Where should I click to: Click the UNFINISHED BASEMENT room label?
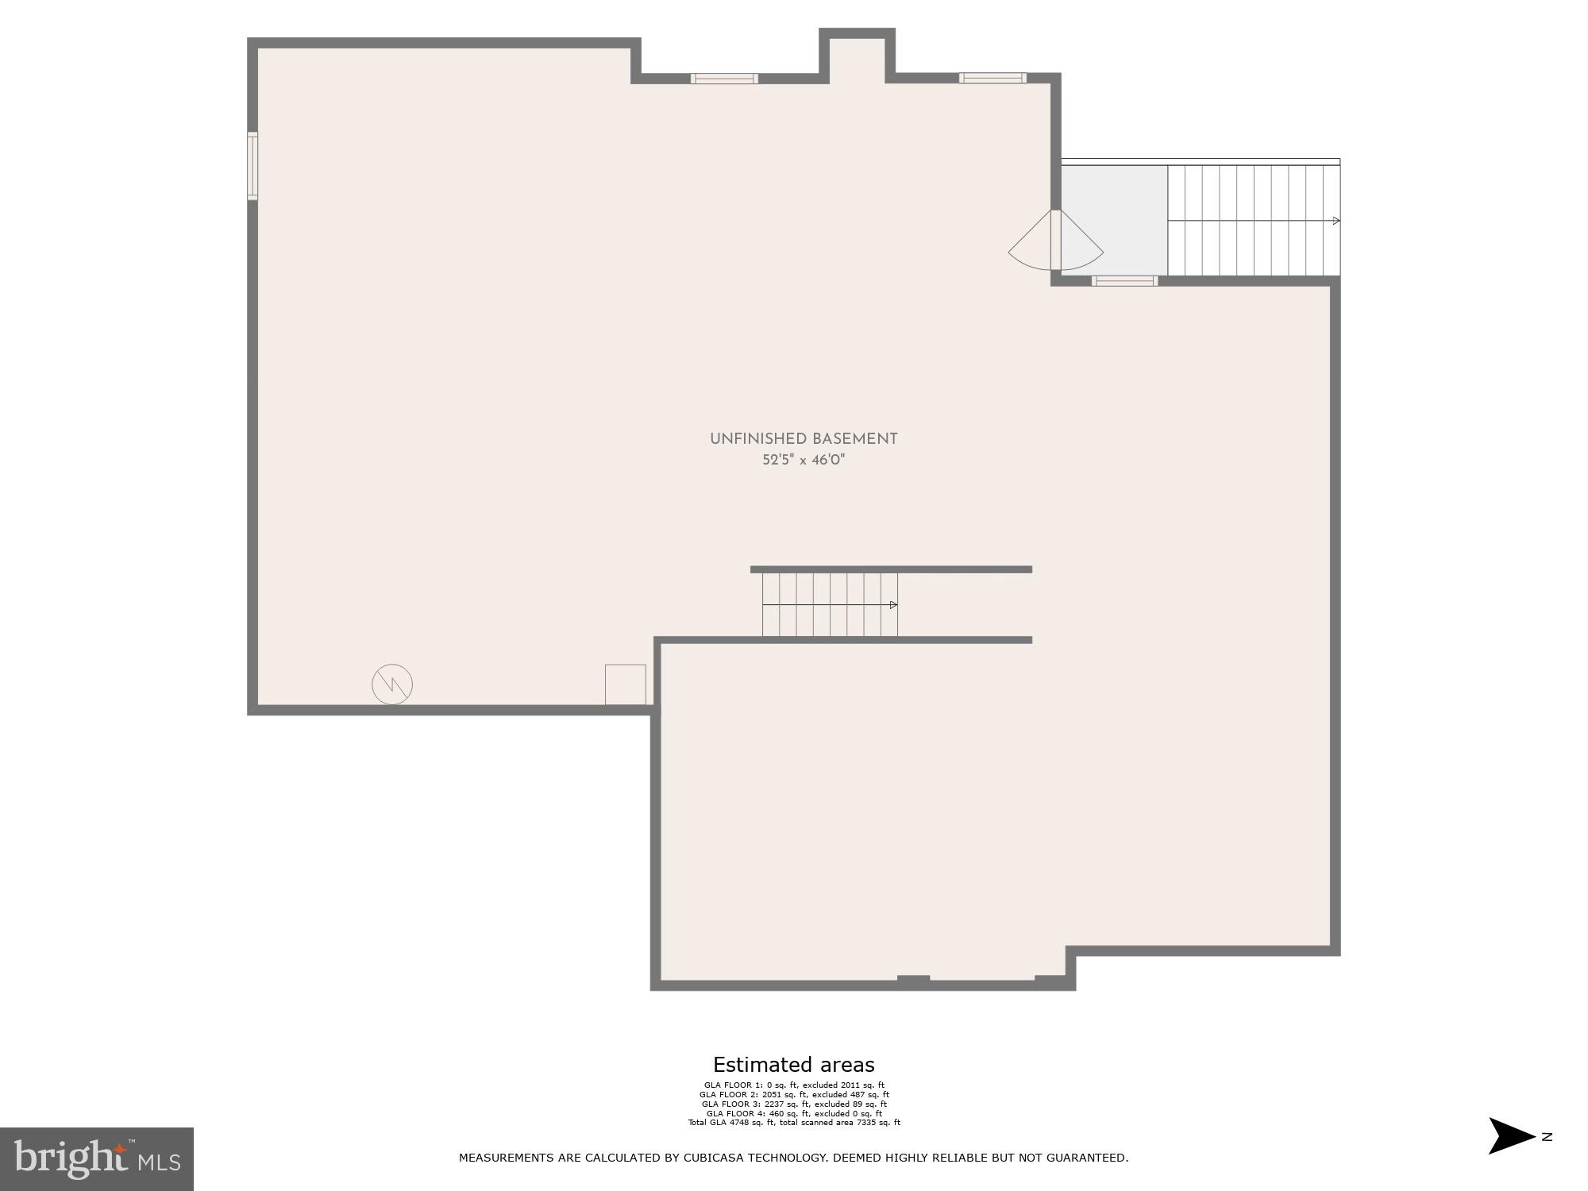[x=803, y=439]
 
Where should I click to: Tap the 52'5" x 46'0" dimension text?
[x=803, y=461]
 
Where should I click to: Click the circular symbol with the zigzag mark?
[x=392, y=684]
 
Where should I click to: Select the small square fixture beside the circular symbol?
[x=625, y=684]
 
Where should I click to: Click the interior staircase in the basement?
[x=830, y=605]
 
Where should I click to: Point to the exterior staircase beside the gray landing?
[x=1253, y=220]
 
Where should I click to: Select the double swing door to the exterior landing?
[x=1055, y=240]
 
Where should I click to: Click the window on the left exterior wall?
[x=252, y=166]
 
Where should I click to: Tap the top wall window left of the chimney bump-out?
[x=723, y=79]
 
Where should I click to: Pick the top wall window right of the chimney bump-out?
[x=992, y=78]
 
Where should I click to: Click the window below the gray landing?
[x=1124, y=280]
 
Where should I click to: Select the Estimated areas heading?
[x=793, y=1065]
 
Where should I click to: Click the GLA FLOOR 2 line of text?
[x=793, y=1095]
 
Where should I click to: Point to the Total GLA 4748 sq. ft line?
[x=793, y=1123]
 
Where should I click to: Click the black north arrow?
[x=1511, y=1136]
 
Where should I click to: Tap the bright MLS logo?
[x=97, y=1159]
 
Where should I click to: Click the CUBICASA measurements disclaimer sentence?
[x=793, y=1158]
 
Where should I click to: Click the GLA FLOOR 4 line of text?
[x=793, y=1113]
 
